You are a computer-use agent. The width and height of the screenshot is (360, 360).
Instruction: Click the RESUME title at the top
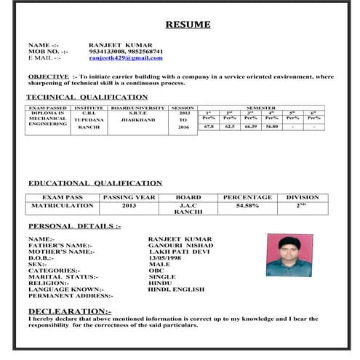click(x=188, y=25)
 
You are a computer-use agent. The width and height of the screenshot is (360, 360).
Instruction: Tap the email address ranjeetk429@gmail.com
click(x=131, y=57)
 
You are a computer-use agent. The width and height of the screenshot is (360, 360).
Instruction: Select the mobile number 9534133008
click(x=107, y=52)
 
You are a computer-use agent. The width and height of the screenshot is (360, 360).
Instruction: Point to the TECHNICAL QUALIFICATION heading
click(x=87, y=97)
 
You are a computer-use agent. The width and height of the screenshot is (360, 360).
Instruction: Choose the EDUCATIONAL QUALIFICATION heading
click(x=95, y=183)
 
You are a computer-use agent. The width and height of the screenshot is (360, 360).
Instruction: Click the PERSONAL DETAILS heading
click(x=74, y=226)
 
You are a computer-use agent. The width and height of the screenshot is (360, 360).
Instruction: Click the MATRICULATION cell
click(x=63, y=206)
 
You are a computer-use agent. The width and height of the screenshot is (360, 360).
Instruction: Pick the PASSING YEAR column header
click(x=129, y=197)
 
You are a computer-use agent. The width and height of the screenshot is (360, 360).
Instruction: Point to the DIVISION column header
click(x=302, y=197)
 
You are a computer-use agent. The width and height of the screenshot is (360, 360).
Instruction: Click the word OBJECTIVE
click(x=49, y=76)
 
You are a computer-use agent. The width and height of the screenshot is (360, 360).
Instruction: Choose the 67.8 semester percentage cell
click(x=209, y=127)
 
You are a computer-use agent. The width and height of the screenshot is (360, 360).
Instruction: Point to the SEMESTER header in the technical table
click(x=260, y=108)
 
